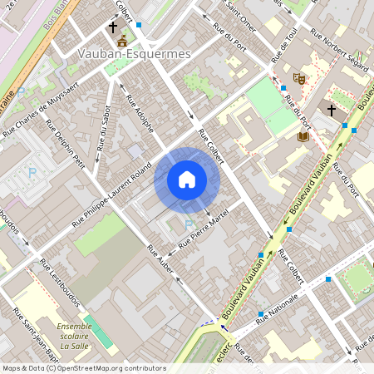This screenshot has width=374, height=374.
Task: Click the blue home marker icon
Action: [x=187, y=179]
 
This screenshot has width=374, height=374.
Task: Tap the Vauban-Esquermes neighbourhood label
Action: [x=134, y=53]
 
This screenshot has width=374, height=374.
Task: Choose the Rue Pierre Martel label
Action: [x=208, y=231]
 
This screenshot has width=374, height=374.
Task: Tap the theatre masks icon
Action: [x=300, y=78]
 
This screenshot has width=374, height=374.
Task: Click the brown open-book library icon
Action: [x=303, y=136]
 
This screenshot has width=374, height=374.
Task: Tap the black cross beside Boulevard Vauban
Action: [x=331, y=110]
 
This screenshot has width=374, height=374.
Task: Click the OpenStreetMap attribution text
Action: [x=83, y=368]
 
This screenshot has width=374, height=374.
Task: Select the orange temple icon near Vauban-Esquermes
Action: [x=122, y=41]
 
